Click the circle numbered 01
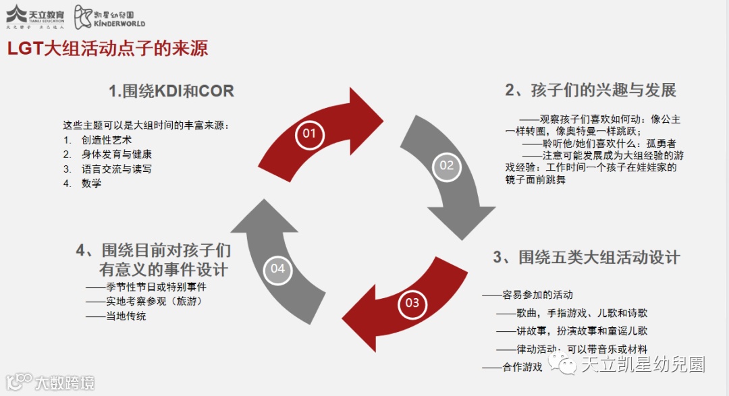click(x=309, y=134)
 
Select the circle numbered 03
click(x=412, y=303)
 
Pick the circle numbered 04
click(x=278, y=268)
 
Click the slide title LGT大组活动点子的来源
click(x=107, y=49)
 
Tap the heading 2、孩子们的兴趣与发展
click(x=591, y=90)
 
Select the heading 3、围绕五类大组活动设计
click(x=586, y=257)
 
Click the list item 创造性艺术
click(x=107, y=140)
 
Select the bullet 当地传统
click(x=126, y=316)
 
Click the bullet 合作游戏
click(x=522, y=367)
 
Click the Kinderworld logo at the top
click(x=109, y=16)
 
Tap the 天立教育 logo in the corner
click(x=35, y=16)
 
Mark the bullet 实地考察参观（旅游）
click(x=154, y=301)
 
